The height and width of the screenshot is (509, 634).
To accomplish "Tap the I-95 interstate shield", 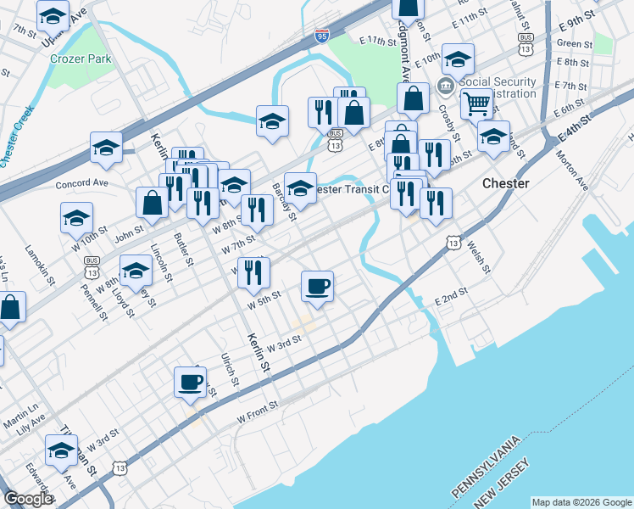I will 321,36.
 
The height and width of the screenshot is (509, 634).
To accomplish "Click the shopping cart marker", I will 476,103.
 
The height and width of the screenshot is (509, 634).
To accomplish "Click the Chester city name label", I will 505,183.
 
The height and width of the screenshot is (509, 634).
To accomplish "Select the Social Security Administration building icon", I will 444,87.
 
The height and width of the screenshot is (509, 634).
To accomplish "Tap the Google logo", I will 28,500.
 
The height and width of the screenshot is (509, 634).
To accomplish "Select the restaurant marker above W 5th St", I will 253,271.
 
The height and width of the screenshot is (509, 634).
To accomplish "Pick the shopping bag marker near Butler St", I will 153,202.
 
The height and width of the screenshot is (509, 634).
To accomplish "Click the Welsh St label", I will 478,254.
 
